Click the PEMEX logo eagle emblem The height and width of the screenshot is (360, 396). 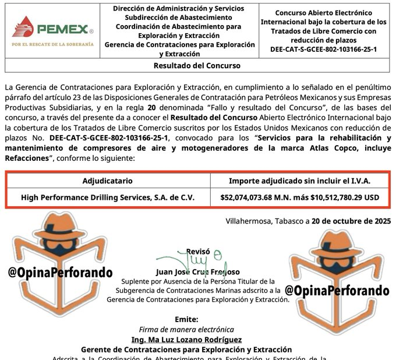[x=23, y=26]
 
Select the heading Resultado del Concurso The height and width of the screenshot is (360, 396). [x=197, y=66]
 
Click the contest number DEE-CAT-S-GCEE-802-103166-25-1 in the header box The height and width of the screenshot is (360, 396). [x=323, y=49]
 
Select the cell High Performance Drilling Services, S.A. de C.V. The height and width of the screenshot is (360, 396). [x=107, y=197]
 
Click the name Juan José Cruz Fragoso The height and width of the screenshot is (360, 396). [x=198, y=271]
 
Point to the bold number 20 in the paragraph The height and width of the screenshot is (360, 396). [x=152, y=108]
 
